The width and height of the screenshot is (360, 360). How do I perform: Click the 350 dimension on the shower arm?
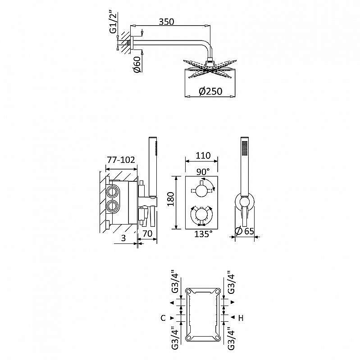point(166,22)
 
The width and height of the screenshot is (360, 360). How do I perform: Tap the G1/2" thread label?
point(114,22)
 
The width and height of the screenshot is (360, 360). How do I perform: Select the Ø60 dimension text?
point(137,64)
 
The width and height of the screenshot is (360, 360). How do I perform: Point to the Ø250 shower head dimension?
point(210,91)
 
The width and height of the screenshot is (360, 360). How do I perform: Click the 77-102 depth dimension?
point(121,160)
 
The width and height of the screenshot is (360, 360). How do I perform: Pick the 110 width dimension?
point(203,155)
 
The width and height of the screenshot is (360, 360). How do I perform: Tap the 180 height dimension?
point(171,199)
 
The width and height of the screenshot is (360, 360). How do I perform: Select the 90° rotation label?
point(203,172)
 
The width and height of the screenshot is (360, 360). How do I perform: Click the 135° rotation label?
point(203,234)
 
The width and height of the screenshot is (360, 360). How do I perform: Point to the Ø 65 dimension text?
point(245,231)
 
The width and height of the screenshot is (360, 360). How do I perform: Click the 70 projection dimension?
point(147,234)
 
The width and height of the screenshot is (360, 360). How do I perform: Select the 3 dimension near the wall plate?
point(123,238)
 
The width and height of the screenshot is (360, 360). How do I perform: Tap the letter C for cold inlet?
point(163,318)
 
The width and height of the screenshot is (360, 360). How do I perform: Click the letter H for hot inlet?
point(241,318)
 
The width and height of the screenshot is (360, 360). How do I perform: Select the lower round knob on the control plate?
point(201,215)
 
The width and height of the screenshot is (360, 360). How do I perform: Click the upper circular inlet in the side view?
point(113,191)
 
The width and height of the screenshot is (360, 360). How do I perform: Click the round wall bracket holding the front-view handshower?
point(245,202)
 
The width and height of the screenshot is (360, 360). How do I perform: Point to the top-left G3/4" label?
point(175,283)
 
